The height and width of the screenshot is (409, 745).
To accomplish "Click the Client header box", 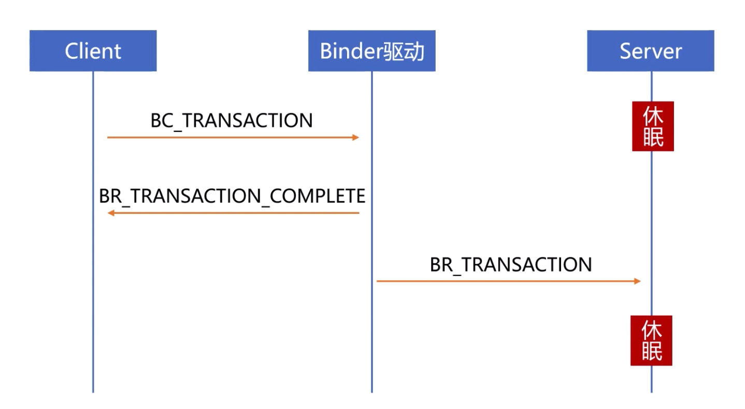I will (93, 51).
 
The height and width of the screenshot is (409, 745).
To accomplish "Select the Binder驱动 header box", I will (371, 51).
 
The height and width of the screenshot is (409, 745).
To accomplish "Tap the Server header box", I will (650, 51).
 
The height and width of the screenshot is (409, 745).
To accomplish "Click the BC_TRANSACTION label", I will (232, 121).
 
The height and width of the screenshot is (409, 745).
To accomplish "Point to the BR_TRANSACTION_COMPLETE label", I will (232, 196).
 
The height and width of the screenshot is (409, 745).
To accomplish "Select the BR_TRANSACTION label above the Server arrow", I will (510, 265).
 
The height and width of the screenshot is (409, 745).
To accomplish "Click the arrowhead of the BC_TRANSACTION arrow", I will (356, 138).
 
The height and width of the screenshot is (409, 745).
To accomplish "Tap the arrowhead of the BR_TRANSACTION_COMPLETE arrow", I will (110, 213).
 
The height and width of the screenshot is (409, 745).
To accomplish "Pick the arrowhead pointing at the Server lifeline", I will (638, 281).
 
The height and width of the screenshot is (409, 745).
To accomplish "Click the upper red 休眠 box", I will (653, 126).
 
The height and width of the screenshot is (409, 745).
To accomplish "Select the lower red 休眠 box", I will (651, 341).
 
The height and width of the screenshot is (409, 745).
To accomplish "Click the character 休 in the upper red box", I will (653, 115).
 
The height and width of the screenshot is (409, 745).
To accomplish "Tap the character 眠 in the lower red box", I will (652, 352).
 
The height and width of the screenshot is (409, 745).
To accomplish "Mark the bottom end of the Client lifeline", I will (93, 391).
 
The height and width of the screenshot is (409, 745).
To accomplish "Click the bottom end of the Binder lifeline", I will (371, 391).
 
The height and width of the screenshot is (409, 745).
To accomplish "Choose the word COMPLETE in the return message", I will (318, 196).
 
